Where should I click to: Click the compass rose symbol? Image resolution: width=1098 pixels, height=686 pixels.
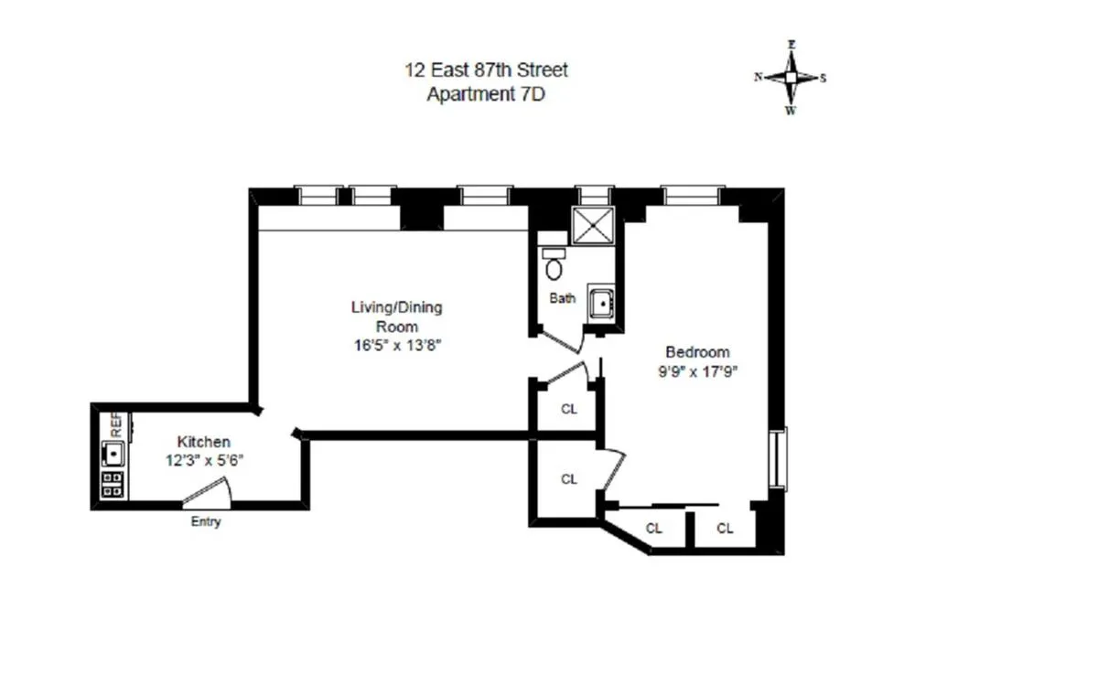(791, 78)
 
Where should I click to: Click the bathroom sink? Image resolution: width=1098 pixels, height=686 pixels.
(603, 302)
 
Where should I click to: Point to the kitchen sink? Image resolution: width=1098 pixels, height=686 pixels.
(113, 452)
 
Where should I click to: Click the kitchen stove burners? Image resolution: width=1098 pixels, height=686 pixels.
(113, 484)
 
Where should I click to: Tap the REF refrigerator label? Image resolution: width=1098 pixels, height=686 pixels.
(116, 423)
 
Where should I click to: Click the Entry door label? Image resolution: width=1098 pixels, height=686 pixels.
(206, 522)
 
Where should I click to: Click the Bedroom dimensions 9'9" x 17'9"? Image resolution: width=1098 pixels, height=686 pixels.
(697, 371)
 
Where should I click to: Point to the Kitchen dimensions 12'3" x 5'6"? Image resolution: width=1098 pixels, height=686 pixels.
(203, 461)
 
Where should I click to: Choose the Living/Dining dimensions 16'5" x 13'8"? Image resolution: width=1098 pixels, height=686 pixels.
(396, 345)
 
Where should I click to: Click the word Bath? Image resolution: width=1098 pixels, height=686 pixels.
(563, 298)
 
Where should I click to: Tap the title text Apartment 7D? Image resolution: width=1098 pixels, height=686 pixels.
(486, 93)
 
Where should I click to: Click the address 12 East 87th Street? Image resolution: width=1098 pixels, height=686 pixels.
(487, 70)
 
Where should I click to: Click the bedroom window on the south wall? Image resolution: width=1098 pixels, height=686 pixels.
(779, 459)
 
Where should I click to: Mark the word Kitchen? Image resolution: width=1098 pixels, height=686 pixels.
(203, 442)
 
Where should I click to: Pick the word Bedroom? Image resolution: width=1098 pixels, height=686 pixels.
(697, 352)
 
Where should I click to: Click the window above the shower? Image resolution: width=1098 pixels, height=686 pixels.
(593, 194)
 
